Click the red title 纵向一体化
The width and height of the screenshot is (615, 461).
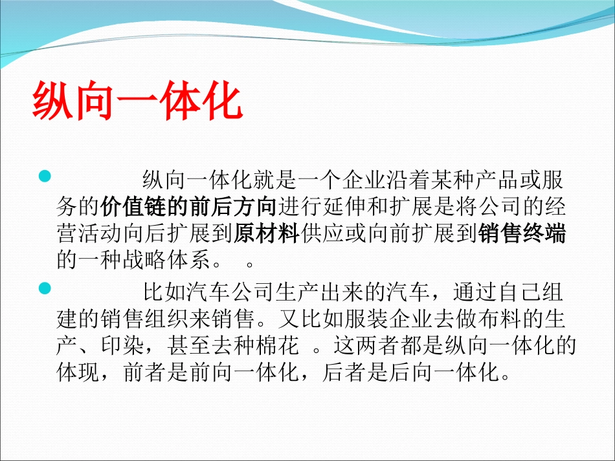(138, 101)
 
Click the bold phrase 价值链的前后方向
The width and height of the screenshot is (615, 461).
(188, 207)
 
